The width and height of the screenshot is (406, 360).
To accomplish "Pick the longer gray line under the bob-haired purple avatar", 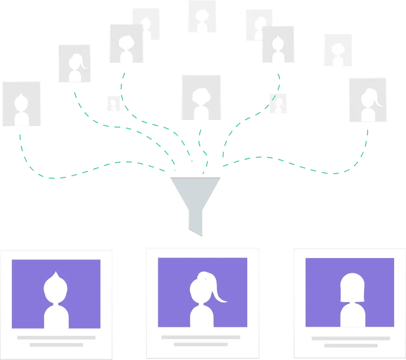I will tap(351, 338).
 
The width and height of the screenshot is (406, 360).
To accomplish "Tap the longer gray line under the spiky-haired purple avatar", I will tap(56, 337).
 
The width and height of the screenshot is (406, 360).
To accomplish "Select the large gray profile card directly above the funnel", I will tap(201, 97).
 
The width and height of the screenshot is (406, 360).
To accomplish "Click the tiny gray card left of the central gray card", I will tap(113, 103).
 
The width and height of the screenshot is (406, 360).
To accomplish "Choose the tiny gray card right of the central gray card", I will tap(278, 103).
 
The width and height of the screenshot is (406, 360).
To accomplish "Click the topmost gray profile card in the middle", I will tap(202, 17).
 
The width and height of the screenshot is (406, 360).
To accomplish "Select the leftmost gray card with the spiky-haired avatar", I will tap(21, 104).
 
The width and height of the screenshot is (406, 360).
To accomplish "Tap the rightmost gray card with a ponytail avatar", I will tap(367, 100).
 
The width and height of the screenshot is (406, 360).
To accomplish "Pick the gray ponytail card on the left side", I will tap(74, 63).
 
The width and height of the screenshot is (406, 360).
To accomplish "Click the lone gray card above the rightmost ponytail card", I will tap(337, 50).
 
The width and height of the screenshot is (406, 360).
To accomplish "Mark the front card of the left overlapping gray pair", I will tap(126, 44).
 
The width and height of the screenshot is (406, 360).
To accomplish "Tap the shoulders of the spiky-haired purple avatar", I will tap(56, 315).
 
